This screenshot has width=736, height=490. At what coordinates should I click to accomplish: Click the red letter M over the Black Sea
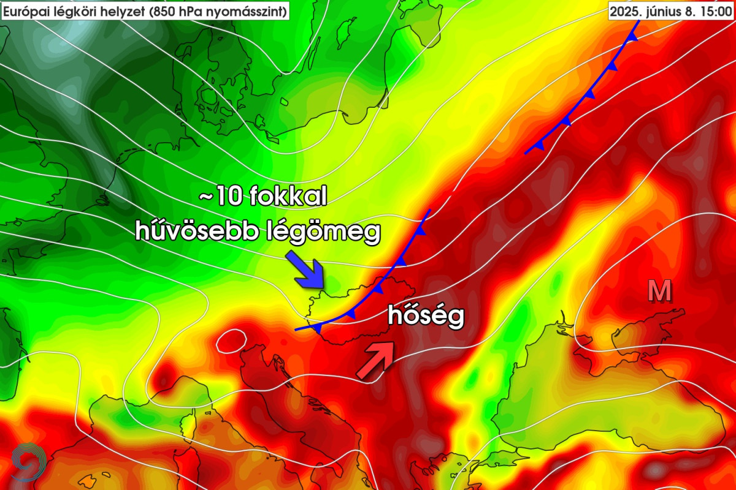pos(660,292)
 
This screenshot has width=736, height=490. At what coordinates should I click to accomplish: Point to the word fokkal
pos(288,198)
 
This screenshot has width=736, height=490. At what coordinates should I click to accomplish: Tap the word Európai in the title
pos(23,11)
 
